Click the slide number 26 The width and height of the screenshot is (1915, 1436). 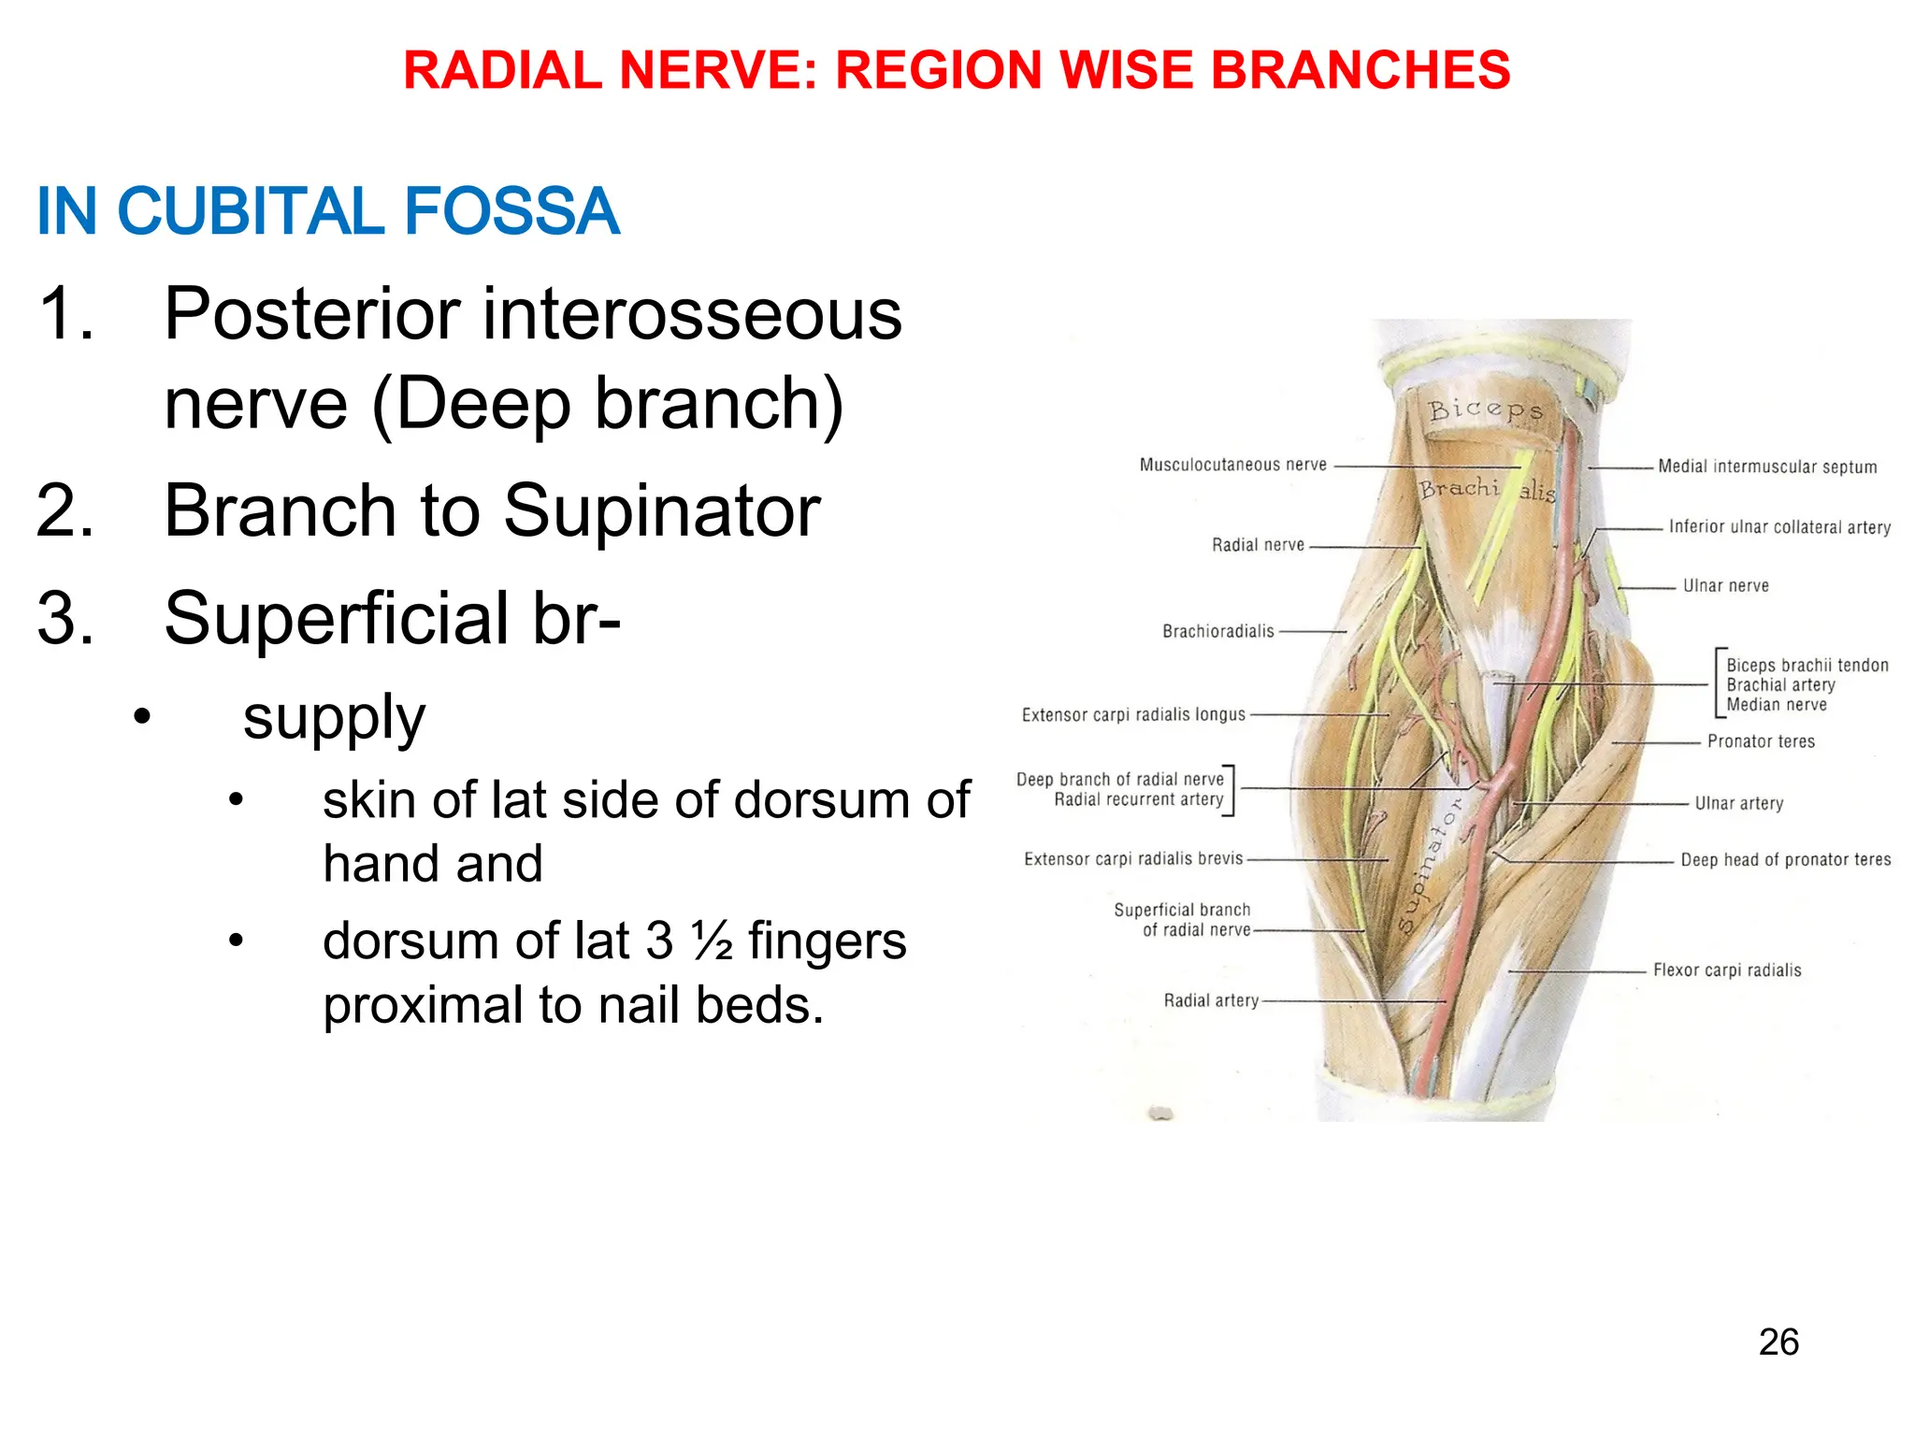click(1778, 1343)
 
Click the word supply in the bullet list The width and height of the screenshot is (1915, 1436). click(334, 718)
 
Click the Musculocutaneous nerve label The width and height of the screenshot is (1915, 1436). click(1232, 465)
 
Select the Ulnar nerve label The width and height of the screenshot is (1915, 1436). click(1725, 586)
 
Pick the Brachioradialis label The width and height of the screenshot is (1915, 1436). click(1217, 632)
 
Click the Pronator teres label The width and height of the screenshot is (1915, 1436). click(1760, 741)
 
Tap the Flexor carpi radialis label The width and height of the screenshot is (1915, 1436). click(1726, 970)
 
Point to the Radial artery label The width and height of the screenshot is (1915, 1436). click(1211, 1000)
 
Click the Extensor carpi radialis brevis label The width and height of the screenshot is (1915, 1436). click(1133, 858)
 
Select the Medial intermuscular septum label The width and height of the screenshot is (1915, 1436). click(1766, 467)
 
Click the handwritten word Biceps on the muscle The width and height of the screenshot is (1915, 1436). click(1484, 409)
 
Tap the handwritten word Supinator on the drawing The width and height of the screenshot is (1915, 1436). click(1427, 865)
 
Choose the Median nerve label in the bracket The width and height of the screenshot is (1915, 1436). click(1776, 705)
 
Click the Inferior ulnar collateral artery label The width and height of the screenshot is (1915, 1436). click(1778, 527)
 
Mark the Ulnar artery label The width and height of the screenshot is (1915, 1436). click(1738, 803)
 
